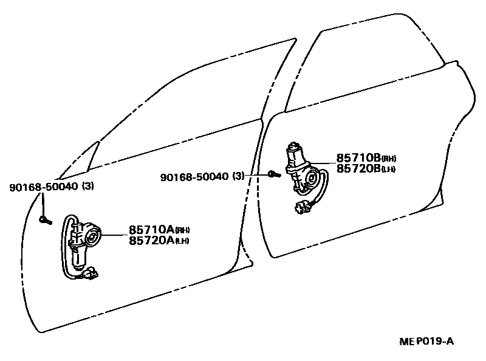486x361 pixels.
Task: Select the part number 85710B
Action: [x=358, y=157]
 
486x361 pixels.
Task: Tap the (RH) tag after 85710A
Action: [x=183, y=231]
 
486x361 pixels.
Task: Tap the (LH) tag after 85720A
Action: [x=182, y=242]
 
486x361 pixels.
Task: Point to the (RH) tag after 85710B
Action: [x=389, y=159]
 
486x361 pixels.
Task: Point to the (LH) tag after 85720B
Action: [x=389, y=170]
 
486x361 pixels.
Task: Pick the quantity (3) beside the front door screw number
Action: [x=88, y=187]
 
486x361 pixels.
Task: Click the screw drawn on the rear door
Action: [x=272, y=175]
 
